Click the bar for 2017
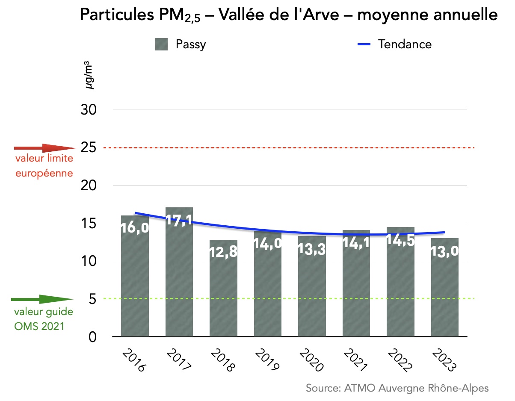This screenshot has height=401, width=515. coord(179,278)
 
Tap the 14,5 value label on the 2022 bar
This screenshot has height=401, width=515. coord(400,239)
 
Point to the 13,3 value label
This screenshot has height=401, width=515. coord(312,249)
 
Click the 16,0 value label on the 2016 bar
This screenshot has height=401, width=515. coord(135,228)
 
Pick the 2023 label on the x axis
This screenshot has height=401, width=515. coord(445,360)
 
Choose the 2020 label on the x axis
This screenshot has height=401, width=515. coord(312,360)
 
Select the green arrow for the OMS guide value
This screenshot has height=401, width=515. coord(42,299)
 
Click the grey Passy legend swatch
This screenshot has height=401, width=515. coord(161,44)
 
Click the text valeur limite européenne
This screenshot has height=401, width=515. coord(44,166)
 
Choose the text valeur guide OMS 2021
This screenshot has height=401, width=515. coord(43,319)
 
